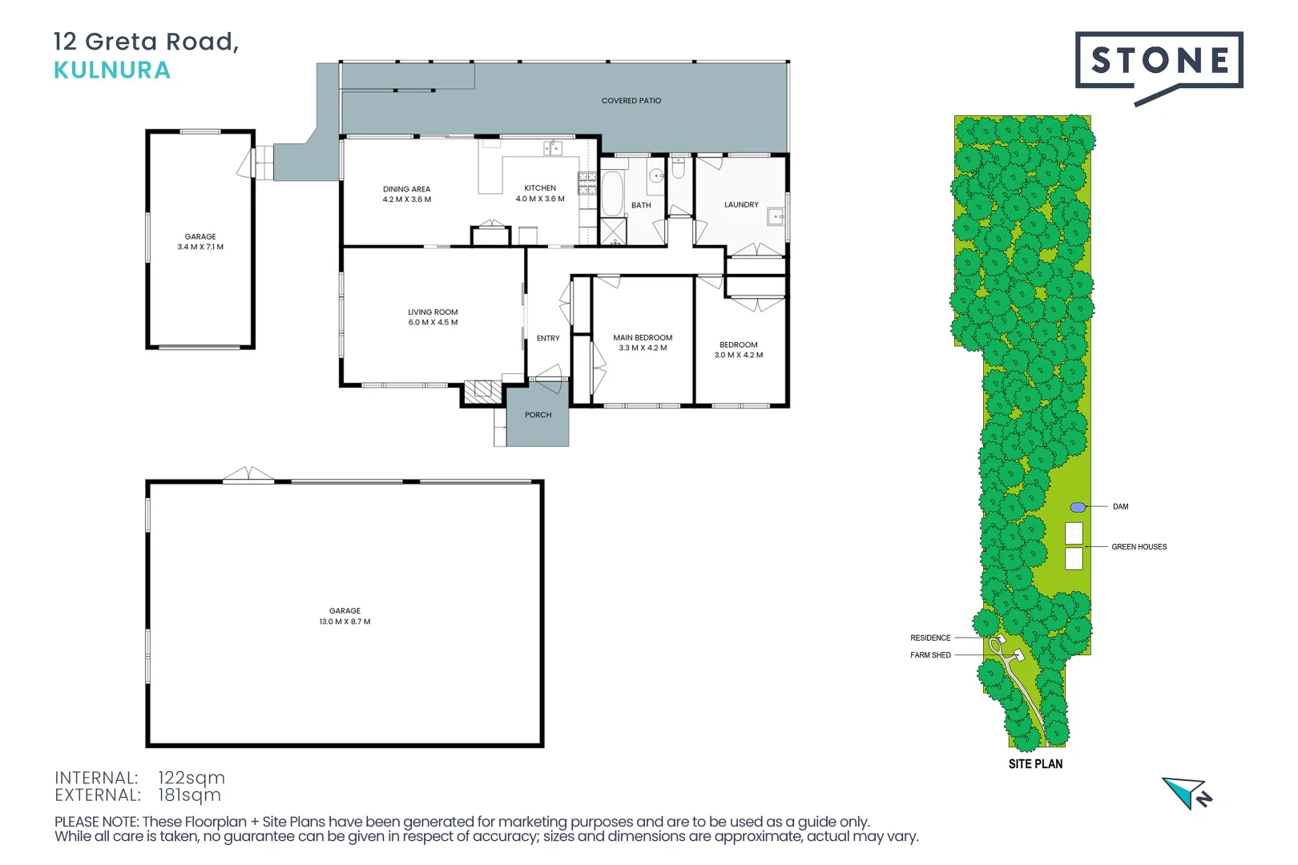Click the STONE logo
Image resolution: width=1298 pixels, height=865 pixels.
[1159, 61]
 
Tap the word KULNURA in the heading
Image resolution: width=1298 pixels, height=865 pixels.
[112, 70]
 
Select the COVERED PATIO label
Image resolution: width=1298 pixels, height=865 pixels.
[631, 101]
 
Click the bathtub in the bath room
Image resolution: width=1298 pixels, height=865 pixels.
[612, 193]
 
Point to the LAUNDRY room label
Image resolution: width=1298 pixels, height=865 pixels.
[741, 205]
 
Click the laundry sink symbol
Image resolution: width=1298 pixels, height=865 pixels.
[776, 216]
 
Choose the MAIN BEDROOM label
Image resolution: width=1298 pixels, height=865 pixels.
[643, 338]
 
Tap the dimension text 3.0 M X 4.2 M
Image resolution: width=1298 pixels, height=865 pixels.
[738, 355]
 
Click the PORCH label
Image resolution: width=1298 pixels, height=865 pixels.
[538, 415]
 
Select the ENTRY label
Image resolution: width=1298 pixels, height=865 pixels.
[548, 339]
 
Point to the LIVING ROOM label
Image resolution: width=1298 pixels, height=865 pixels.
[433, 312]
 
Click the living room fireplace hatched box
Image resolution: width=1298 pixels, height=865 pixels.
[483, 390]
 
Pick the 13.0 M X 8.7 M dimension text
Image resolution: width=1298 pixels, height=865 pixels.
[345, 622]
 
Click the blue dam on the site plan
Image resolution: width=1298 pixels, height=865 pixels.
[1078, 508]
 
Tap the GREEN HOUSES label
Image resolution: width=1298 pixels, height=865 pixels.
[1139, 547]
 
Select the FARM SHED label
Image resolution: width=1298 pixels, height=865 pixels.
[930, 655]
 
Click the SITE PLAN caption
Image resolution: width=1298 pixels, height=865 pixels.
[1035, 764]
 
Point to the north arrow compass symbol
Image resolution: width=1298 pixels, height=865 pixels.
[1187, 792]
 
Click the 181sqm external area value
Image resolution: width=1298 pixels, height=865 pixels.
[189, 795]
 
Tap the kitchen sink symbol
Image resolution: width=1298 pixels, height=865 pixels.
[552, 148]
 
